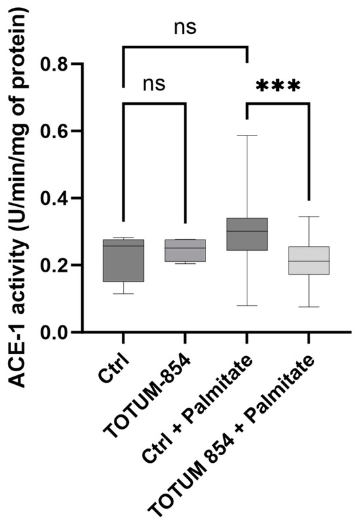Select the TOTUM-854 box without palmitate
(185, 251)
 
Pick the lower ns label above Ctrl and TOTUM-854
(154, 84)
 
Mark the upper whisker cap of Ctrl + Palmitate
(247, 136)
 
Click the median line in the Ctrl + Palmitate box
(247, 231)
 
